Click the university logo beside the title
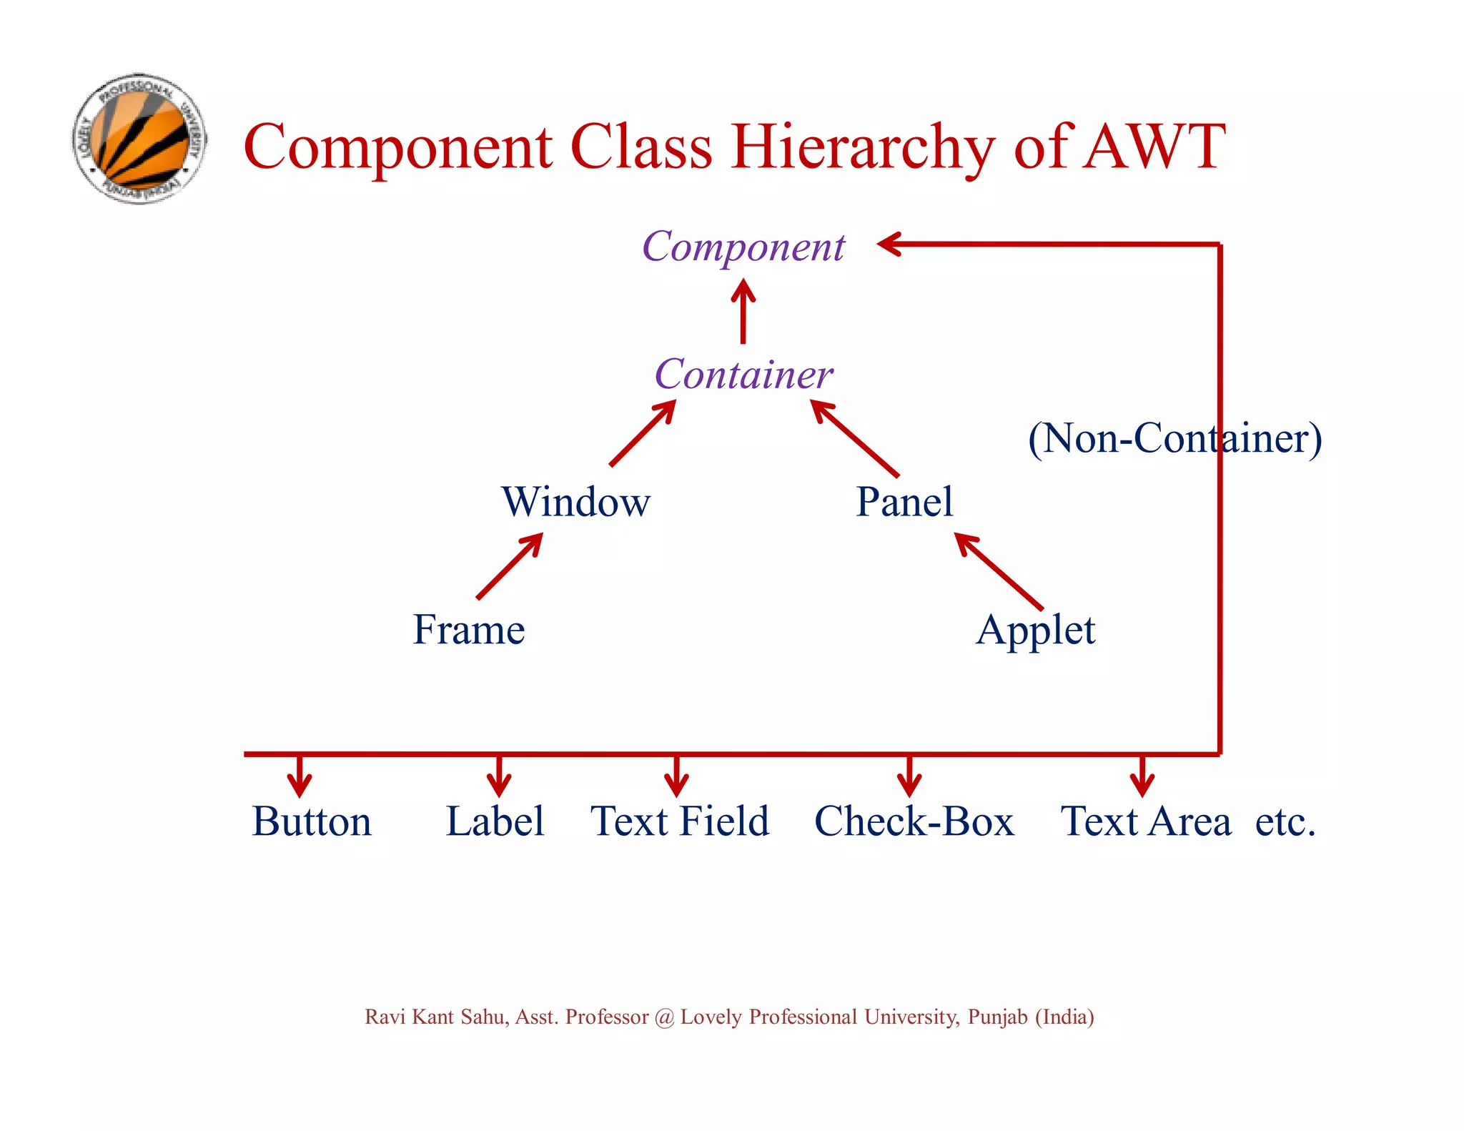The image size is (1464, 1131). pos(140,139)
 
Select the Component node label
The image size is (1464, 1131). pos(743,247)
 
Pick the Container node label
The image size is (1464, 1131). pos(743,375)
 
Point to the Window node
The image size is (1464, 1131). pos(576,502)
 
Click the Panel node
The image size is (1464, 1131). pos(904,502)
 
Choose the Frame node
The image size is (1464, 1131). pos(469,630)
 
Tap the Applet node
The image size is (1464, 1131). pos(1035,631)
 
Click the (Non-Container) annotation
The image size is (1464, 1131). pos(1174,438)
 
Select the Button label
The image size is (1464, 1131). pos(312,821)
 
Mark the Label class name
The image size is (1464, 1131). pos(495,821)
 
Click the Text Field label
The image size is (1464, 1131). pos(680,821)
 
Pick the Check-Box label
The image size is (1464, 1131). pos(914,821)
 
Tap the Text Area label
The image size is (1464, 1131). pos(1146,821)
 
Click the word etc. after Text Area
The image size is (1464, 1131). pos(1285,821)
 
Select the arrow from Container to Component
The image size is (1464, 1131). pos(743,311)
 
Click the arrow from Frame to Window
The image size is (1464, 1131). pos(509,566)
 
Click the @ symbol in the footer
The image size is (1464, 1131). pos(664,1017)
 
